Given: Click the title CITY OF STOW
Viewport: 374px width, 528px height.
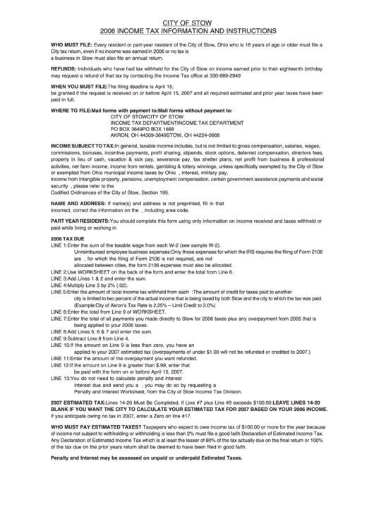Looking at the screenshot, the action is coord(187,22).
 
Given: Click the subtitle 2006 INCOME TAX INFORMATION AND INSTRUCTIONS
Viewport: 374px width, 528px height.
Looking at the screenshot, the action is coord(187,32).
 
